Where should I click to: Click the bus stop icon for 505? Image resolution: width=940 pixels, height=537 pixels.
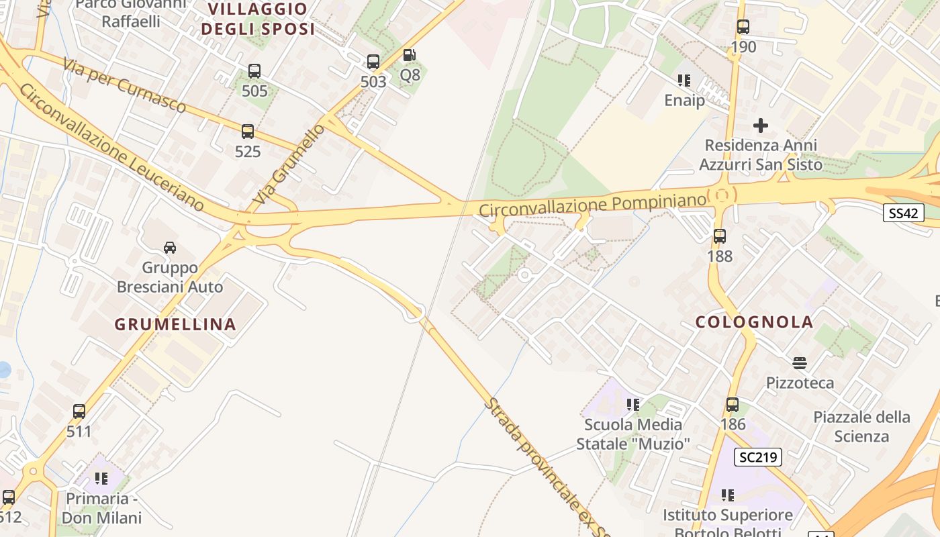tap(254, 71)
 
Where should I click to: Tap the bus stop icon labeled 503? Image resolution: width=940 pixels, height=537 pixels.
tap(373, 62)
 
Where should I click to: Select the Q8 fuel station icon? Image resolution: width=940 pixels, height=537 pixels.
tap(410, 55)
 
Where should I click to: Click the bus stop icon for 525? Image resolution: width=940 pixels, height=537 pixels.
tap(248, 132)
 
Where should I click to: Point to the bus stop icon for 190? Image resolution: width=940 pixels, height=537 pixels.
tap(743, 27)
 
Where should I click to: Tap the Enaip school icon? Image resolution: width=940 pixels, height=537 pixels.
tap(684, 81)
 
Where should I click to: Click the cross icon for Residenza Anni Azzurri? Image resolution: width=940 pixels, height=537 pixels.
tap(761, 126)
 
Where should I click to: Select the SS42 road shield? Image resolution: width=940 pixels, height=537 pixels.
tap(904, 213)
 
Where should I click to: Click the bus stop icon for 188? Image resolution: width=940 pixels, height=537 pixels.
tap(720, 236)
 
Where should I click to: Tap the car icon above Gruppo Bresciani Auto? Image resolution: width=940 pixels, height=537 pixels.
tap(170, 248)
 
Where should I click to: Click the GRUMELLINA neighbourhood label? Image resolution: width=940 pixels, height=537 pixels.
tap(175, 324)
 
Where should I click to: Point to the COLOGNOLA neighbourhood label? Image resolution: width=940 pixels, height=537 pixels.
tap(755, 322)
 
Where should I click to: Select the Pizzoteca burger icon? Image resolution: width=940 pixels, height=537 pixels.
tap(800, 363)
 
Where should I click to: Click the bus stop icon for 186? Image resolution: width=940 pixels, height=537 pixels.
tap(733, 405)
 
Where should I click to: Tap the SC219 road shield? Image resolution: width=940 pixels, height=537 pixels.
tap(758, 458)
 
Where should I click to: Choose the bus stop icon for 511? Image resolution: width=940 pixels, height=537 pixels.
tap(79, 411)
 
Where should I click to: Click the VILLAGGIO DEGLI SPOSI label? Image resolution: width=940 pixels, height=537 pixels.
tap(258, 19)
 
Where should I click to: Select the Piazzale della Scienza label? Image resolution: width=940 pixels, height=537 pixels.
tap(861, 426)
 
